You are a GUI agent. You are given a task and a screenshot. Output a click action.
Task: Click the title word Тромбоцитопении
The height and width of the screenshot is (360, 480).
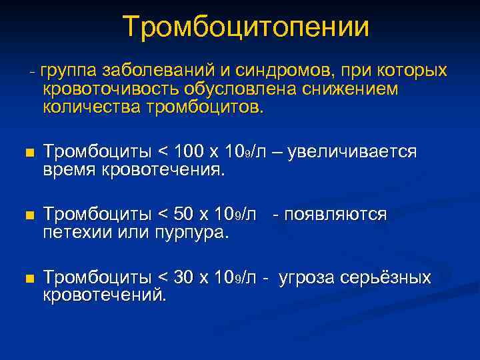coord(246,27)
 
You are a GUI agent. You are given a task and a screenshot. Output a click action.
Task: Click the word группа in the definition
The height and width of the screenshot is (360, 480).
coord(69,71)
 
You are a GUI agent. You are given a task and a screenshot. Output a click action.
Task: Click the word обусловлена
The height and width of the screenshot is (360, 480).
coord(242,89)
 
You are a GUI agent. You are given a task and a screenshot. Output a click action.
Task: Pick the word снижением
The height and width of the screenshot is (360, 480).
coord(355,89)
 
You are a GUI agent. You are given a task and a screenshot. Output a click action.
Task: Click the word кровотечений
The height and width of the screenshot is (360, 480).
coord(105,295)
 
